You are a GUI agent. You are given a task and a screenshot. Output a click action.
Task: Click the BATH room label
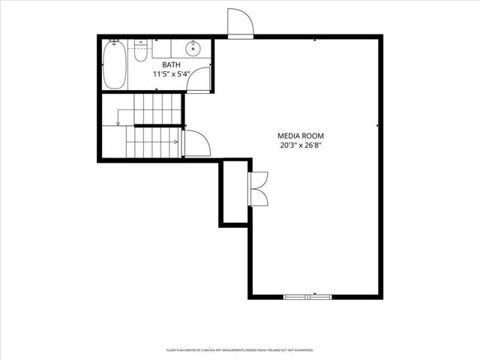click(x=171, y=65)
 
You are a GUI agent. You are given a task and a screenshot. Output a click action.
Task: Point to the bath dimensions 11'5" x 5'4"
click(x=171, y=74)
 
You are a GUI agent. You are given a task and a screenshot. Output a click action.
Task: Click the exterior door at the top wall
click(x=240, y=22)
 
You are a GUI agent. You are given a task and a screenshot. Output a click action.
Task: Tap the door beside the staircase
click(x=196, y=143)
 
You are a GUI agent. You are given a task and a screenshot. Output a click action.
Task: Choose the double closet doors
click(x=259, y=188)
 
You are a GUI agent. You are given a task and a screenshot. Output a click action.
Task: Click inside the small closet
click(x=234, y=192)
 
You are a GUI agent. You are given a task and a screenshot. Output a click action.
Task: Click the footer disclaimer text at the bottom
click(x=240, y=350)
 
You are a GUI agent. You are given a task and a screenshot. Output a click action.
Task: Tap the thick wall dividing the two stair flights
click(x=154, y=125)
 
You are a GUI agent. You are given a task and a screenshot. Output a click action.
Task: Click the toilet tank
click(x=140, y=44)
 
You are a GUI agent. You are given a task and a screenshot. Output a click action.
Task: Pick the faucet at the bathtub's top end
click(x=115, y=43)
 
